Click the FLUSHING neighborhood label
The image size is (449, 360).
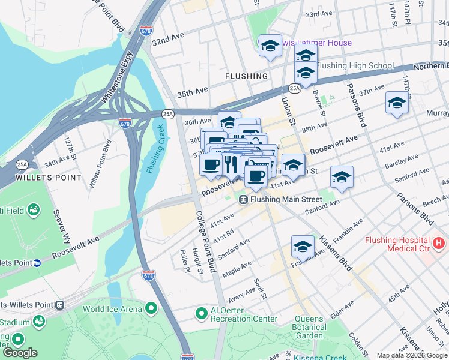click(246, 76)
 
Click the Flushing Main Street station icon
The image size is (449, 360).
click(244, 200)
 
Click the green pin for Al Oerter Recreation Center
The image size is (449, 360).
click(202, 313)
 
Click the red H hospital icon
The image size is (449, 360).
click(439, 244)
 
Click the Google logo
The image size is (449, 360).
click(20, 353)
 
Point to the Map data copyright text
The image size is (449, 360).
click(412, 355)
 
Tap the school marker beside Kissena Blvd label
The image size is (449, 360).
click(303, 247)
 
